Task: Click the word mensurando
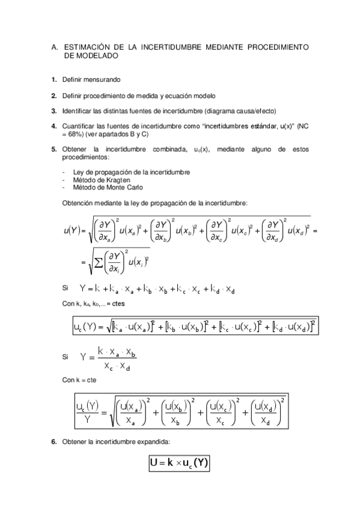pyautogui.click(x=104, y=79)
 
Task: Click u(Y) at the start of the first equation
pyautogui.click(x=72, y=230)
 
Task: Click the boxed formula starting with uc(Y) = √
pyautogui.click(x=195, y=327)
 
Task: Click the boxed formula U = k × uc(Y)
pyautogui.click(x=179, y=464)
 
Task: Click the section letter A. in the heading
pyautogui.click(x=54, y=46)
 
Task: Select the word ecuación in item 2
pyautogui.click(x=185, y=95)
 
